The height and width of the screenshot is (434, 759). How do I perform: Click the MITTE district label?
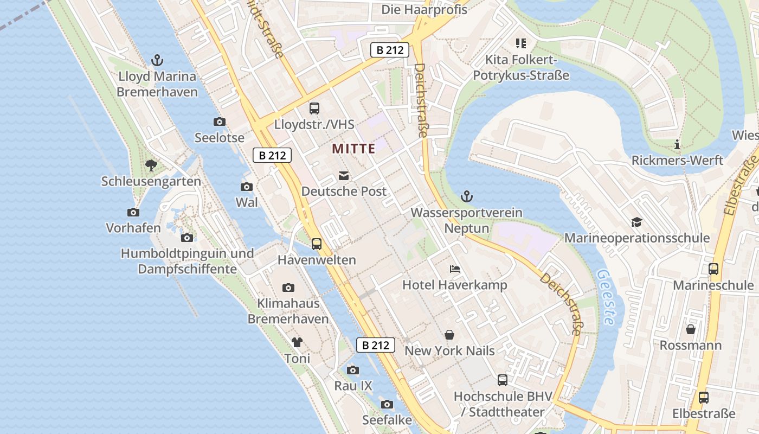point(353,149)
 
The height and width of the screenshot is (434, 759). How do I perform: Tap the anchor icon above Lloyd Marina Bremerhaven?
point(157,60)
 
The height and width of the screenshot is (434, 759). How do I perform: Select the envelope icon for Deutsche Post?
point(344,176)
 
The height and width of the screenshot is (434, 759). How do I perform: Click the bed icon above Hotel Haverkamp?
point(455,269)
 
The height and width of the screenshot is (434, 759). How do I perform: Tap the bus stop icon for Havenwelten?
point(317,244)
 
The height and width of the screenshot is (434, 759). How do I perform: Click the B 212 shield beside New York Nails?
point(375,344)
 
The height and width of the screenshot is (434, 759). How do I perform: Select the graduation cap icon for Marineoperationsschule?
point(636,222)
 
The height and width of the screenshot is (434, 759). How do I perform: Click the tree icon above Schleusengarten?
point(151,165)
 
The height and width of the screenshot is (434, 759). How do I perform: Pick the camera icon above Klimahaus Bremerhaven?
point(288,288)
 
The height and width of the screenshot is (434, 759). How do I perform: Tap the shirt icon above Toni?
point(297,342)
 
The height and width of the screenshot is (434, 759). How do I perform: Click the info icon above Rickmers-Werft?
point(677,144)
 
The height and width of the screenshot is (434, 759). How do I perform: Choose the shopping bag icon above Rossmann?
point(690,329)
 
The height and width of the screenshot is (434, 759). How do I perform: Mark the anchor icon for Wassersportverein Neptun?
point(466,196)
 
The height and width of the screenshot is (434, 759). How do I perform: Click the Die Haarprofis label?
point(424,9)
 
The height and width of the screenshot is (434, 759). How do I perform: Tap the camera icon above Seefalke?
point(387,404)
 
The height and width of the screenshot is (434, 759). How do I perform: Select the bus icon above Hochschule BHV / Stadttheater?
point(503,380)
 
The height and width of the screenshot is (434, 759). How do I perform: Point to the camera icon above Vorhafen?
point(133,212)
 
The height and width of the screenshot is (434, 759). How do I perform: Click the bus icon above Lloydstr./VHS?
point(314,108)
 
